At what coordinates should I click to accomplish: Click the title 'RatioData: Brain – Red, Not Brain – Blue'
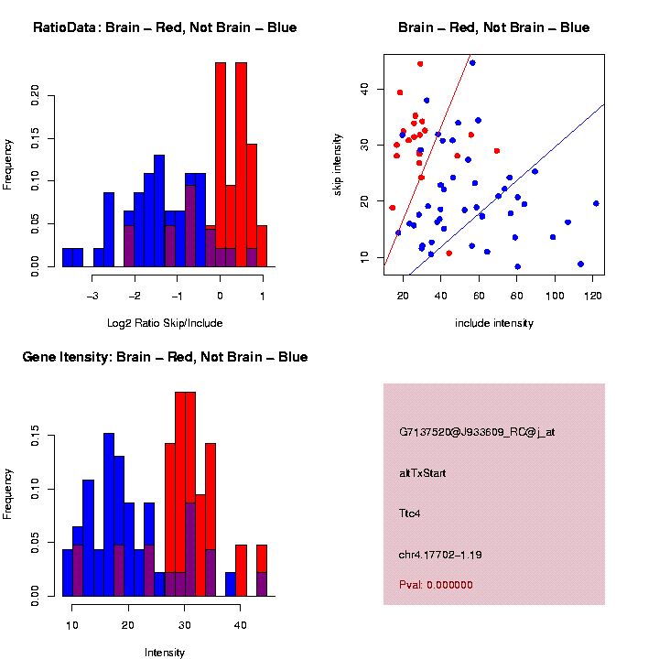point(165,27)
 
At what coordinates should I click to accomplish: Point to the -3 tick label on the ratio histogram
point(92,297)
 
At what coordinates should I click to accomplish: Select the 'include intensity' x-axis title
point(494,323)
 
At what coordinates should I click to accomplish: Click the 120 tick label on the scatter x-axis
point(593,297)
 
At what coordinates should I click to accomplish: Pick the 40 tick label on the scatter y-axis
point(363,89)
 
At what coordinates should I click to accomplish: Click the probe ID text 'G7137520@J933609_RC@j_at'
point(477,432)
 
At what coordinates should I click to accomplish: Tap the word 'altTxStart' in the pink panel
point(422,473)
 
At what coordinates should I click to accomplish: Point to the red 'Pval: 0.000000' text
point(436,584)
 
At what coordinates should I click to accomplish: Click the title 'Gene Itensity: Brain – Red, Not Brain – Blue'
point(165,357)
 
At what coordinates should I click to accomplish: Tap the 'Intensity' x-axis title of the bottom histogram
point(165,653)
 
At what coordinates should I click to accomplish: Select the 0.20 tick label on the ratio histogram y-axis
point(36,95)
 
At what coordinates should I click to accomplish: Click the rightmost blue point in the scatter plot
point(596,203)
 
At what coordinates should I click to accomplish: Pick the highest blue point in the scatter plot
point(472,63)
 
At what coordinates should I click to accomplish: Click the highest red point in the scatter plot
point(420,64)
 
